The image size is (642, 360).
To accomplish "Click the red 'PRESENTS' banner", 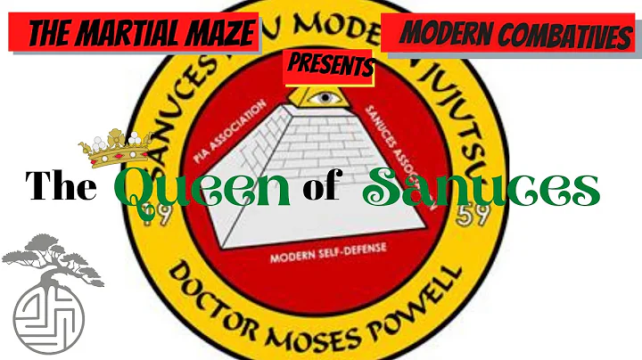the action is pos(328,65).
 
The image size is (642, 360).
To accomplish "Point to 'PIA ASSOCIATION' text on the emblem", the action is pos(229,131).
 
